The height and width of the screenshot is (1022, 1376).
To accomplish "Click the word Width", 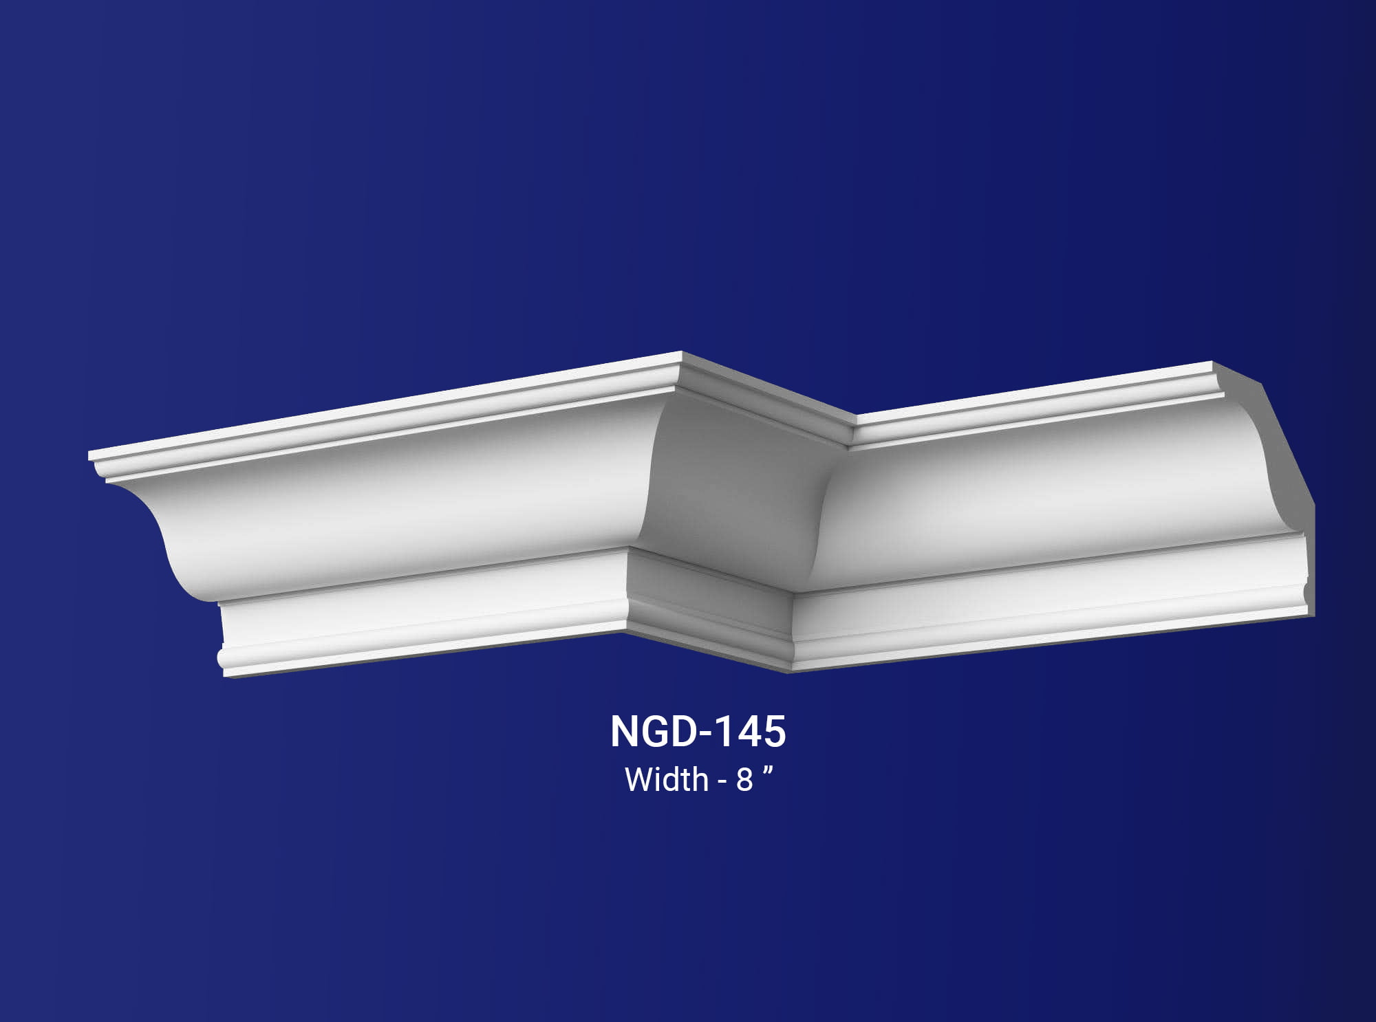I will [x=666, y=780].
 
